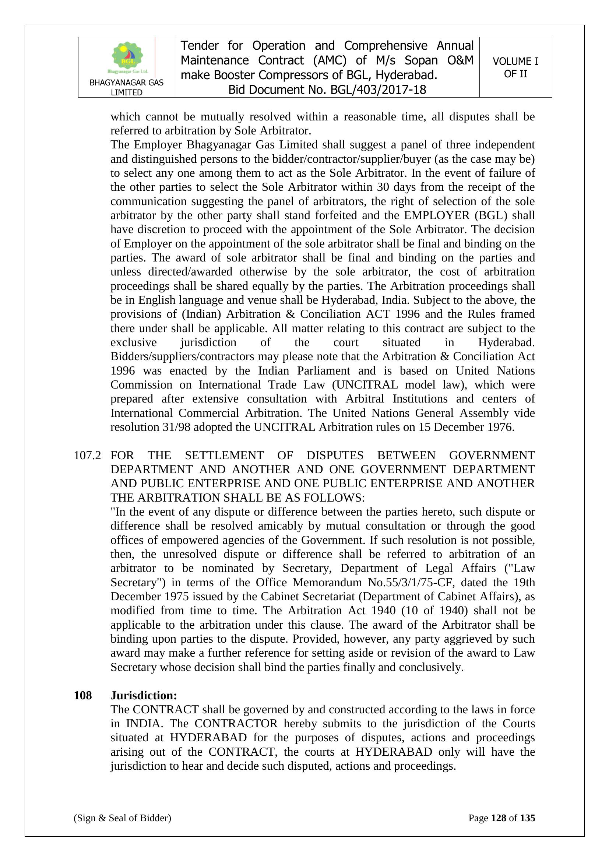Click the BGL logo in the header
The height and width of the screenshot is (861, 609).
tap(127, 57)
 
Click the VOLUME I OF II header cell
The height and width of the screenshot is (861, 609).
tap(515, 67)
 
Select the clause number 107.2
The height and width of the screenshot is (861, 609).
tap(87, 455)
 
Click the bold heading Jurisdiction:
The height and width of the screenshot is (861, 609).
tap(144, 696)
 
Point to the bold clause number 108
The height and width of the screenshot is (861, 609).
tap(83, 696)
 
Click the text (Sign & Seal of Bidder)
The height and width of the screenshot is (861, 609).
tap(122, 818)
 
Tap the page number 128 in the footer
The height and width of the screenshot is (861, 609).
tap(499, 818)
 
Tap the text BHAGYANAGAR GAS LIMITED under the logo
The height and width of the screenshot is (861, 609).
tap(126, 87)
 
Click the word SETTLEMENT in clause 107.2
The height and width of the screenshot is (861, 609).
tap(224, 455)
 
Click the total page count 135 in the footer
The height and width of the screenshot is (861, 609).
tap(528, 818)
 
